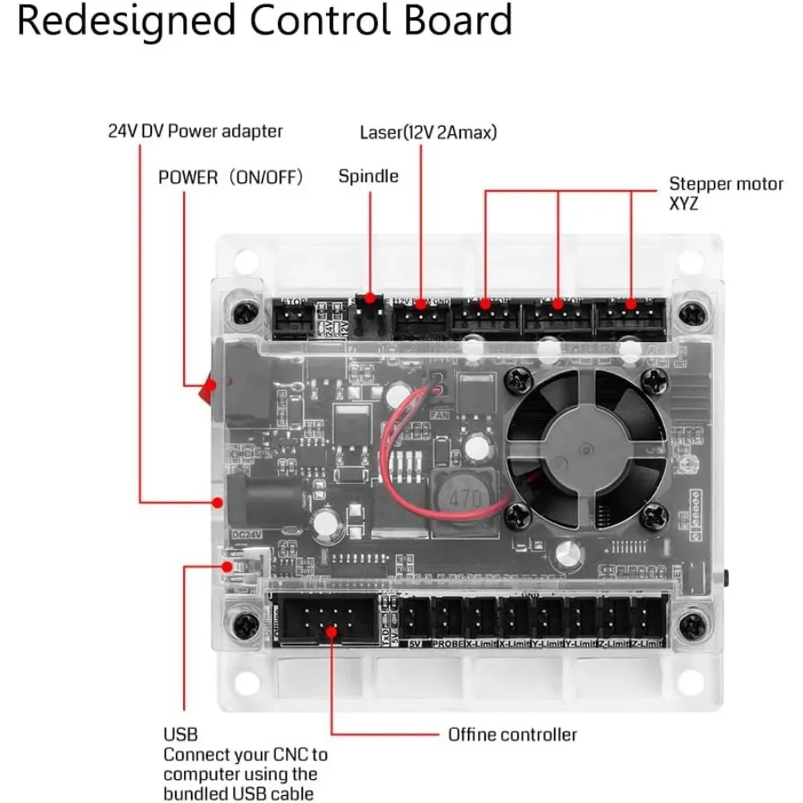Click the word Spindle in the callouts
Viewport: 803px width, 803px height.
[x=368, y=176]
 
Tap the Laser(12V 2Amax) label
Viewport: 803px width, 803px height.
[x=427, y=131]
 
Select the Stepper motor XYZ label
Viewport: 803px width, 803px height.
[x=726, y=194]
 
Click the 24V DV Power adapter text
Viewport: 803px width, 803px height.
[x=195, y=131]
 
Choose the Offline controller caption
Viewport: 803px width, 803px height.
[x=512, y=734]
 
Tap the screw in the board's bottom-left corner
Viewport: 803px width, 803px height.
[x=240, y=623]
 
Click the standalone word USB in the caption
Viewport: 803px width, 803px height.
[x=180, y=734]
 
